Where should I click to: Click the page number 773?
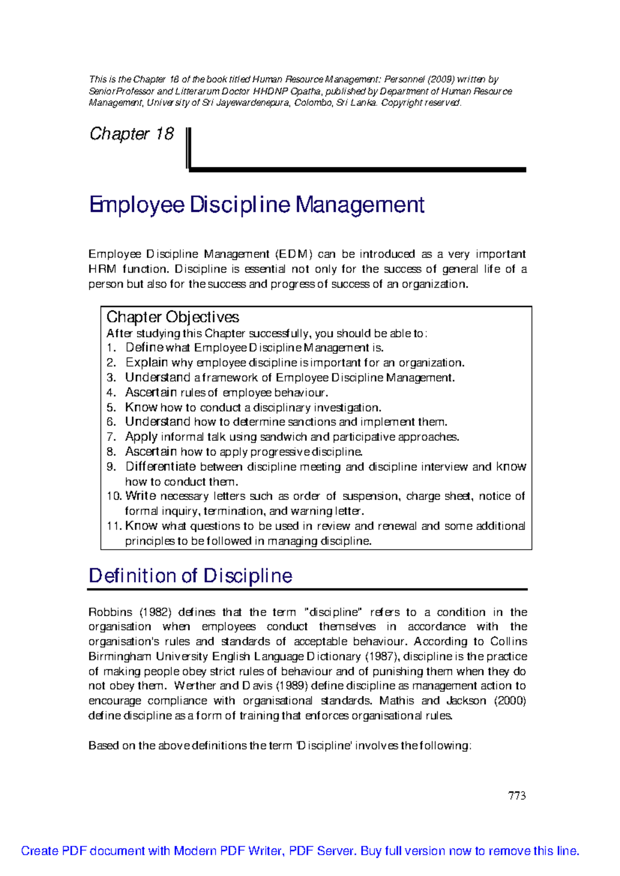(517, 796)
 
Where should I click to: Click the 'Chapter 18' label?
(132, 134)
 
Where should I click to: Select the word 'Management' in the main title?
(360, 205)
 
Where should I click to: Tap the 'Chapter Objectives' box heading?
(173, 317)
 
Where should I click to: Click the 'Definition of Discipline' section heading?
(190, 576)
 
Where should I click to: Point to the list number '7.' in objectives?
(111, 437)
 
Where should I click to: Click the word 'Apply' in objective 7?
(141, 437)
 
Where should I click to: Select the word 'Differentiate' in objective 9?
(161, 467)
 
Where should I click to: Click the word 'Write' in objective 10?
(141, 496)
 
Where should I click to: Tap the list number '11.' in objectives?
(114, 526)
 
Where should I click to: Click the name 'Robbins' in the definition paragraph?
(111, 613)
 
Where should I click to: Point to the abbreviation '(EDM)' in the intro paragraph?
(293, 254)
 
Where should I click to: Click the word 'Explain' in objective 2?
(147, 363)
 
